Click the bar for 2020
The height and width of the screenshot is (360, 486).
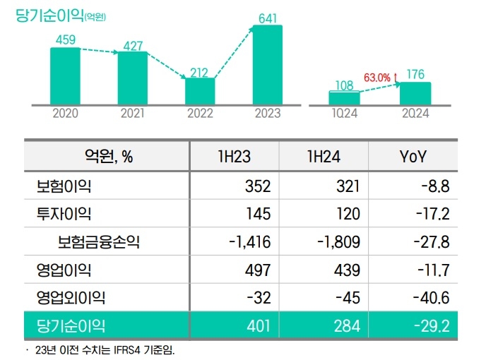pos(65,76)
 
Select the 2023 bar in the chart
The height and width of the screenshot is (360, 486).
pos(267,64)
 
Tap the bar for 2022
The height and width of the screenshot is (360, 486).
pos(200,90)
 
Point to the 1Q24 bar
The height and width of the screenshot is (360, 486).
pos(345,97)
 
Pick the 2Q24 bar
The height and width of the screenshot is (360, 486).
pos(415,92)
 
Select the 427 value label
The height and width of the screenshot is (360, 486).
pos(133,45)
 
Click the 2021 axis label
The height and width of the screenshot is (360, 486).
pos(133,113)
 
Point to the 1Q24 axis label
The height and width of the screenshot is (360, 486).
pos(345,113)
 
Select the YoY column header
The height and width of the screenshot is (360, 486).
pos(413,157)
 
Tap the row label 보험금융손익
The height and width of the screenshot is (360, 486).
pos(99,242)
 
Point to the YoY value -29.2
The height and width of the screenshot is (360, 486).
pos(432,325)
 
